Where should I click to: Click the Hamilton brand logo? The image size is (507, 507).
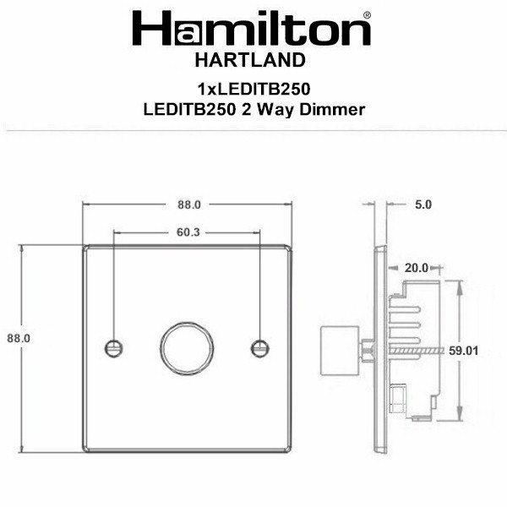click(252, 29)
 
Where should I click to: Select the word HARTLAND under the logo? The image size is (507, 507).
click(250, 61)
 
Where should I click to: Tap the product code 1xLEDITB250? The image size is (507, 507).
click(254, 89)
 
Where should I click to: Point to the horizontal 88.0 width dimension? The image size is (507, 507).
click(189, 204)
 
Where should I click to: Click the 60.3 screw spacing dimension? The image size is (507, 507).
click(188, 232)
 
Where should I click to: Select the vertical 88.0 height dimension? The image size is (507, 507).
click(19, 338)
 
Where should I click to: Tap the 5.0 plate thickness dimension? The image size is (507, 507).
click(423, 204)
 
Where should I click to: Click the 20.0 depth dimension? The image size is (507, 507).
click(416, 268)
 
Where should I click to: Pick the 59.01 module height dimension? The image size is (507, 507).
click(463, 351)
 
